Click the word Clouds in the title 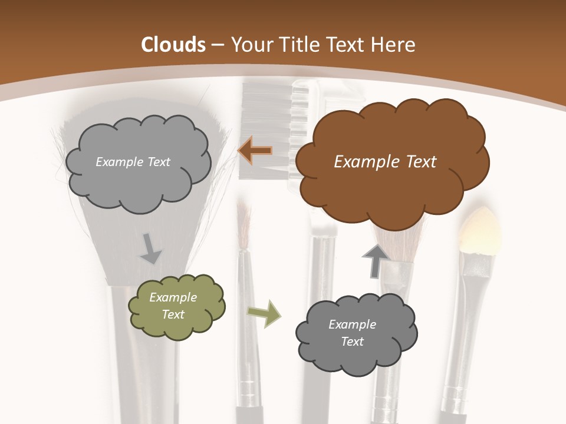[173, 45]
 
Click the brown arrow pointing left [255, 151]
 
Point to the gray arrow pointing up [375, 260]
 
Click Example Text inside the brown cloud [385, 161]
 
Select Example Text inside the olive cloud [173, 306]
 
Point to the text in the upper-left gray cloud [133, 162]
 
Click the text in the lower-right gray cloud [352, 333]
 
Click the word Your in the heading [248, 45]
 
